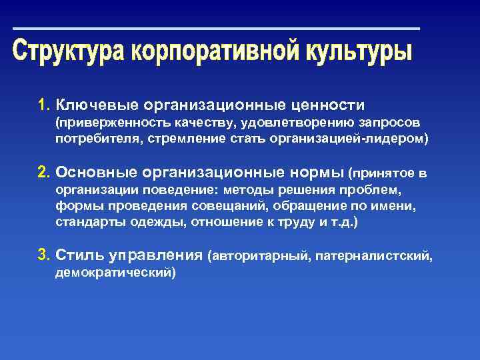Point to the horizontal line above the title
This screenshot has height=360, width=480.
217,29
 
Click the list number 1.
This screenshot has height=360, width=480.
44,105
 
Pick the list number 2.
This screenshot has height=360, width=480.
44,173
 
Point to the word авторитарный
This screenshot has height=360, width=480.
261,255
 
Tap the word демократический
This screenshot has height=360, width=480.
115,272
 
